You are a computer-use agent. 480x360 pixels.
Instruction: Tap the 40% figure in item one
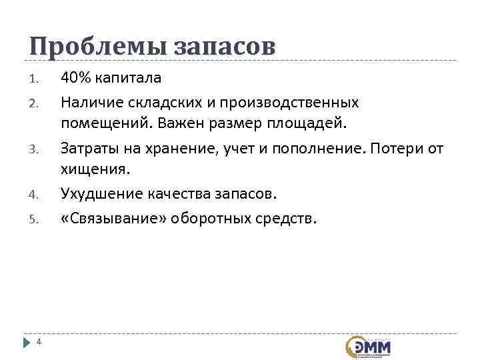point(76,78)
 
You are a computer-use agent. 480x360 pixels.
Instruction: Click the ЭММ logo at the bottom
point(368,347)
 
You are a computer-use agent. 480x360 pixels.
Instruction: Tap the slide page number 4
point(39,342)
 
